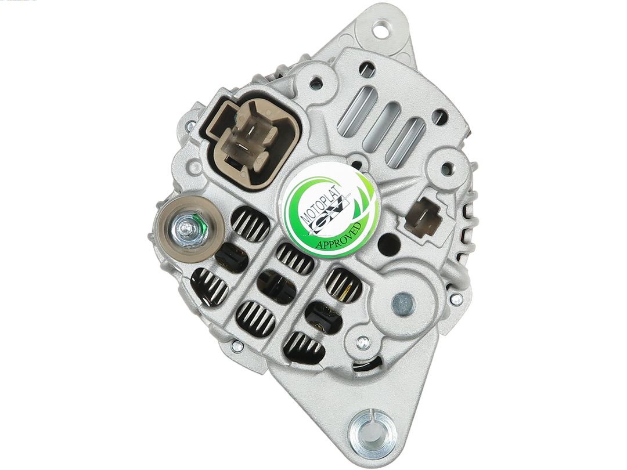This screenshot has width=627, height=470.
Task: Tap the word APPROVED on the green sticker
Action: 340,236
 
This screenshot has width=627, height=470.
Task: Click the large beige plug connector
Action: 249,139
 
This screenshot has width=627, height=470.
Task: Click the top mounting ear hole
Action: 380,28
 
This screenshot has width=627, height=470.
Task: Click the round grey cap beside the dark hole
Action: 403,302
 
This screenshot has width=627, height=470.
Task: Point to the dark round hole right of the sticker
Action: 389,244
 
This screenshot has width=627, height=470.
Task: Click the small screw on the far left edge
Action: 190,125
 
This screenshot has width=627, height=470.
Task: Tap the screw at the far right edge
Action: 456,300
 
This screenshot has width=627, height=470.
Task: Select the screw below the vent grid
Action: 363,342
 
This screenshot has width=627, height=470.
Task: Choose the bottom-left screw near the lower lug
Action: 236,346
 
